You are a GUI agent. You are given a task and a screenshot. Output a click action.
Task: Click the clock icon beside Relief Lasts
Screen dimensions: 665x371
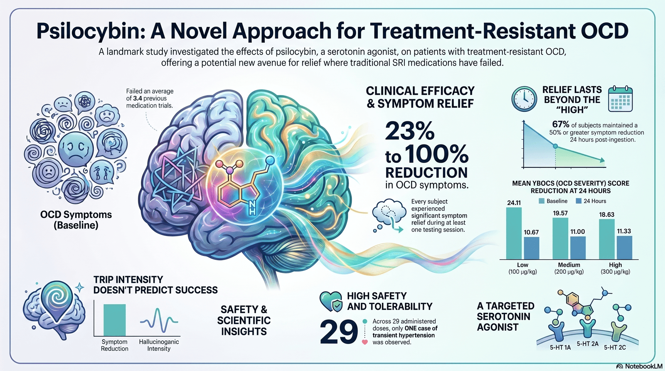pyautogui.click(x=524, y=99)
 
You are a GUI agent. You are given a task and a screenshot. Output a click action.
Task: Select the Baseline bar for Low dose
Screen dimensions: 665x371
pyautogui.click(x=514, y=233)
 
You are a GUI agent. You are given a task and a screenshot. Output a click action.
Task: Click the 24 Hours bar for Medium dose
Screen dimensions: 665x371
pyautogui.click(x=578, y=248)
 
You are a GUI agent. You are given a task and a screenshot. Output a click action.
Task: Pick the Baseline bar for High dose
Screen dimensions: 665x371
pyautogui.click(x=607, y=239)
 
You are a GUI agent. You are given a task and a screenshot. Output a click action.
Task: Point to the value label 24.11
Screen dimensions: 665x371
pyautogui.click(x=514, y=203)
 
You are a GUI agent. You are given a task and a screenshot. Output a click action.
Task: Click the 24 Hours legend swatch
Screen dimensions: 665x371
pyautogui.click(x=578, y=201)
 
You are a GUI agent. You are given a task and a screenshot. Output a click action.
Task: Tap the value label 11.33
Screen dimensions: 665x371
pyautogui.click(x=624, y=231)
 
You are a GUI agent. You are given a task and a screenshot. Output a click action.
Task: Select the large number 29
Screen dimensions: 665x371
pyautogui.click(x=339, y=332)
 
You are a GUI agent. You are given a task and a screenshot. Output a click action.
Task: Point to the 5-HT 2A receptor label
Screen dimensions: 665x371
pyautogui.click(x=588, y=344)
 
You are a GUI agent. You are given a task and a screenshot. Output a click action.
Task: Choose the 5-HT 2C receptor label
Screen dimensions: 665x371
pyautogui.click(x=615, y=347)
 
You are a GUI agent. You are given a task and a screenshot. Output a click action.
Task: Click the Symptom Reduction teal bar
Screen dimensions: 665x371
pyautogui.click(x=115, y=320)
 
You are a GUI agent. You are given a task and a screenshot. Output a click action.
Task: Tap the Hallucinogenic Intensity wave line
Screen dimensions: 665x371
pyautogui.click(x=159, y=321)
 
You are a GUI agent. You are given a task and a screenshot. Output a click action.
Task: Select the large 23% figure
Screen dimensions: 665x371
pyautogui.click(x=410, y=131)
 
